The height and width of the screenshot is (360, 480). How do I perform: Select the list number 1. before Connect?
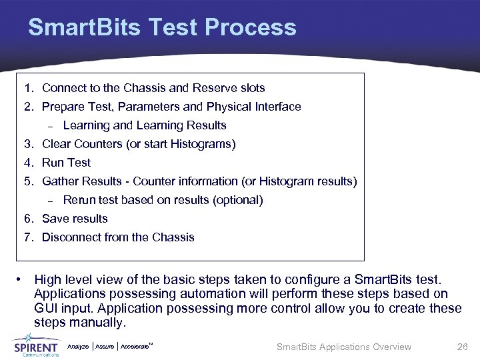29,88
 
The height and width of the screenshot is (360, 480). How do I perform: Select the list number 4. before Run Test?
29,163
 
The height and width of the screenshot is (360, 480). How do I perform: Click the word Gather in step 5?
61,181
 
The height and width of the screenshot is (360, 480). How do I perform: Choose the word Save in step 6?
55,219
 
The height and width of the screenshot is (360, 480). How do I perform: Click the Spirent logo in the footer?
37,347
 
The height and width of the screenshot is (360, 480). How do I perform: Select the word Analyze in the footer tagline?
78,347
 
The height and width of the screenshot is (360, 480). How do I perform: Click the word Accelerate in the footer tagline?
136,347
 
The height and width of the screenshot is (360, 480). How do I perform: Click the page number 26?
462,347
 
